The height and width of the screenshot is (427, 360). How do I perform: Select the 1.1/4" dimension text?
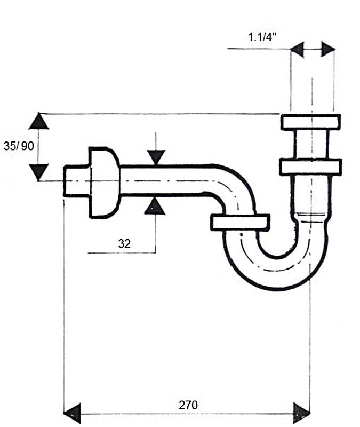262,37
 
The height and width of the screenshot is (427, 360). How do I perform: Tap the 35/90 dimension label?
18,146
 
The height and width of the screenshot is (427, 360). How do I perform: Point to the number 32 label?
124,243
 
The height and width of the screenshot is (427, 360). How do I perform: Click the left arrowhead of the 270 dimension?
73,413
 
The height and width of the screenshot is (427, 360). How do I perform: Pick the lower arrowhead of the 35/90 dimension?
38,171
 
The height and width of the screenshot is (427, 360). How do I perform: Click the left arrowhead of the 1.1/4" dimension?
297,50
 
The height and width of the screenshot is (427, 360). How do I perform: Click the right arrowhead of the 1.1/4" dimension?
328,50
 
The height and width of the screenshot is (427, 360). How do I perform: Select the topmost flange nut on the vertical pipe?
310,122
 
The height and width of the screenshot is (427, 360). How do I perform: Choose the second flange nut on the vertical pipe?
310,166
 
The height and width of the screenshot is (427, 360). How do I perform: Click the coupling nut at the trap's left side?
239,222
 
